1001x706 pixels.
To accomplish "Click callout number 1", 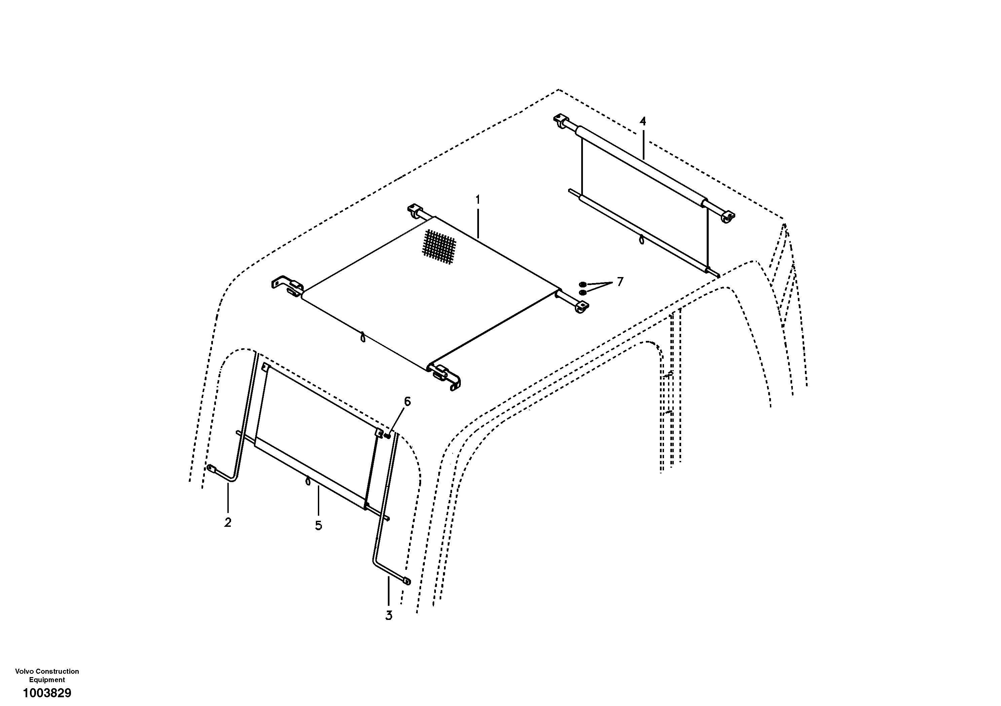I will [478, 200].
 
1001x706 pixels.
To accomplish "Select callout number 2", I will [228, 522].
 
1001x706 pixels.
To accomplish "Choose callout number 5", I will [319, 525].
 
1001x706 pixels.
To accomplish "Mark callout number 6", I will [407, 401].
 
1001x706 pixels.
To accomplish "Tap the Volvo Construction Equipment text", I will [47, 675].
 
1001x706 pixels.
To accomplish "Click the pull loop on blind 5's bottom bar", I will [308, 481].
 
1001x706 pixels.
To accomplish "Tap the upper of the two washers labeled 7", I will [583, 284].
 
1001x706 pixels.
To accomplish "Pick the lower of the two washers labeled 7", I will [583, 292].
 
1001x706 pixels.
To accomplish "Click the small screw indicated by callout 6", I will [387, 435].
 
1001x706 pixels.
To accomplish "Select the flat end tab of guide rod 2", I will [212, 469].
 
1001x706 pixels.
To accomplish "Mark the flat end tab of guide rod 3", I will [407, 581].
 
